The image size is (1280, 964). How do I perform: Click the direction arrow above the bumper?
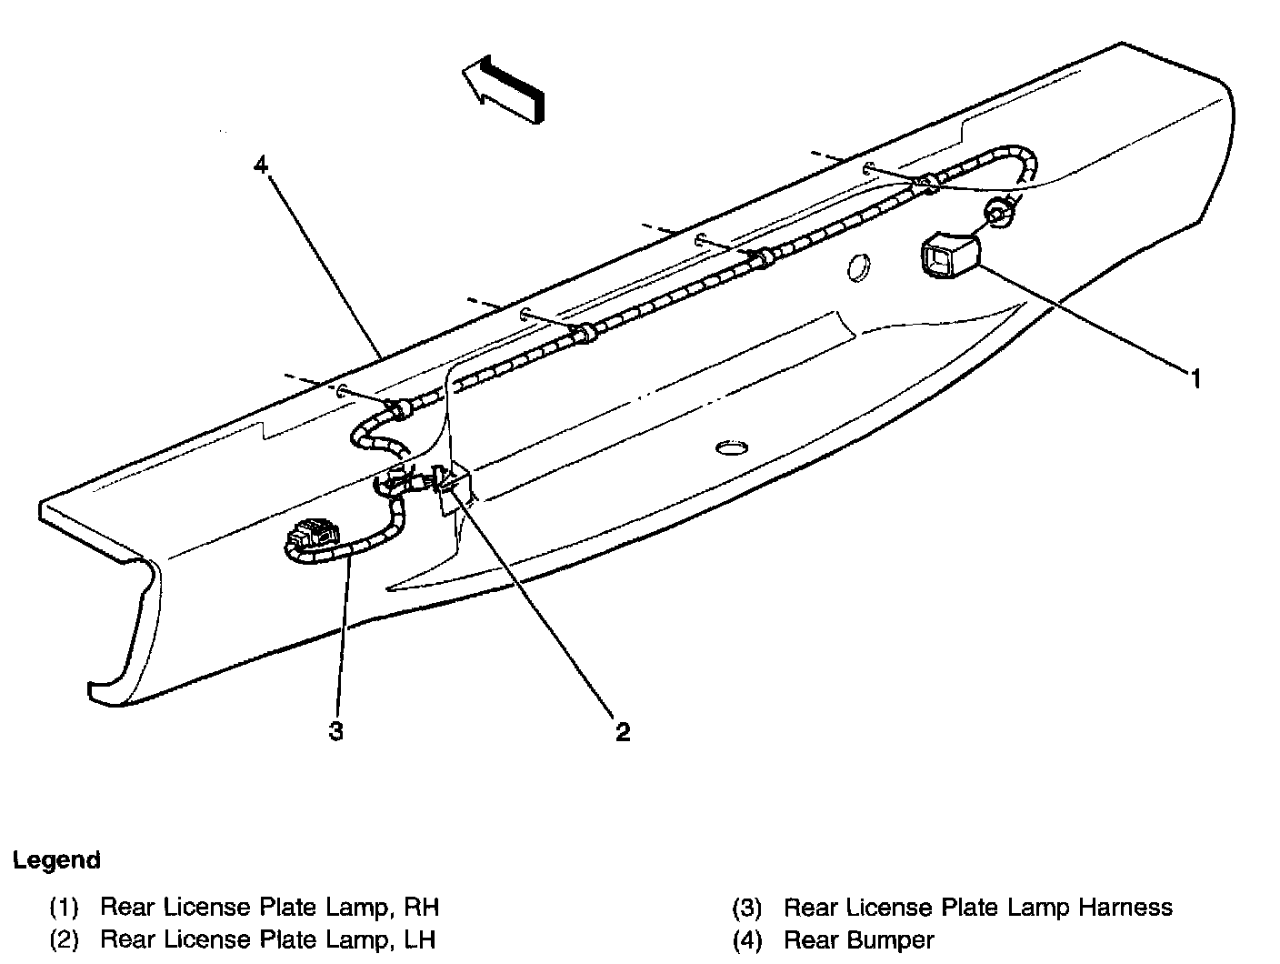click(504, 89)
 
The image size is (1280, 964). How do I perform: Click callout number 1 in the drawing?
click(1196, 378)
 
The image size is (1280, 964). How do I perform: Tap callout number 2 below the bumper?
click(622, 731)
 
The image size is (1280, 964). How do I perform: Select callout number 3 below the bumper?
click(336, 731)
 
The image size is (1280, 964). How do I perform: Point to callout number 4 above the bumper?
click(261, 166)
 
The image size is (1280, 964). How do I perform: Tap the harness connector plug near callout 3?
click(309, 540)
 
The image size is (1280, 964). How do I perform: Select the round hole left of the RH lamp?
click(856, 267)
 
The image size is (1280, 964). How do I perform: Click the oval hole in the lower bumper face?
click(731, 447)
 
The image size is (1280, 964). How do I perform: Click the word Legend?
click(56, 860)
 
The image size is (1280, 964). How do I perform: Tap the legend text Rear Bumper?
click(858, 939)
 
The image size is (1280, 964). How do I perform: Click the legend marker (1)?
click(65, 907)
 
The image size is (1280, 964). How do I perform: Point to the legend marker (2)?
click(65, 939)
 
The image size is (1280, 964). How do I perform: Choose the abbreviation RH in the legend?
click(423, 907)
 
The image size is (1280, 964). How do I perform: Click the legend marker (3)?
click(747, 907)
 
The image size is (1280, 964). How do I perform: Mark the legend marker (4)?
click(747, 939)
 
